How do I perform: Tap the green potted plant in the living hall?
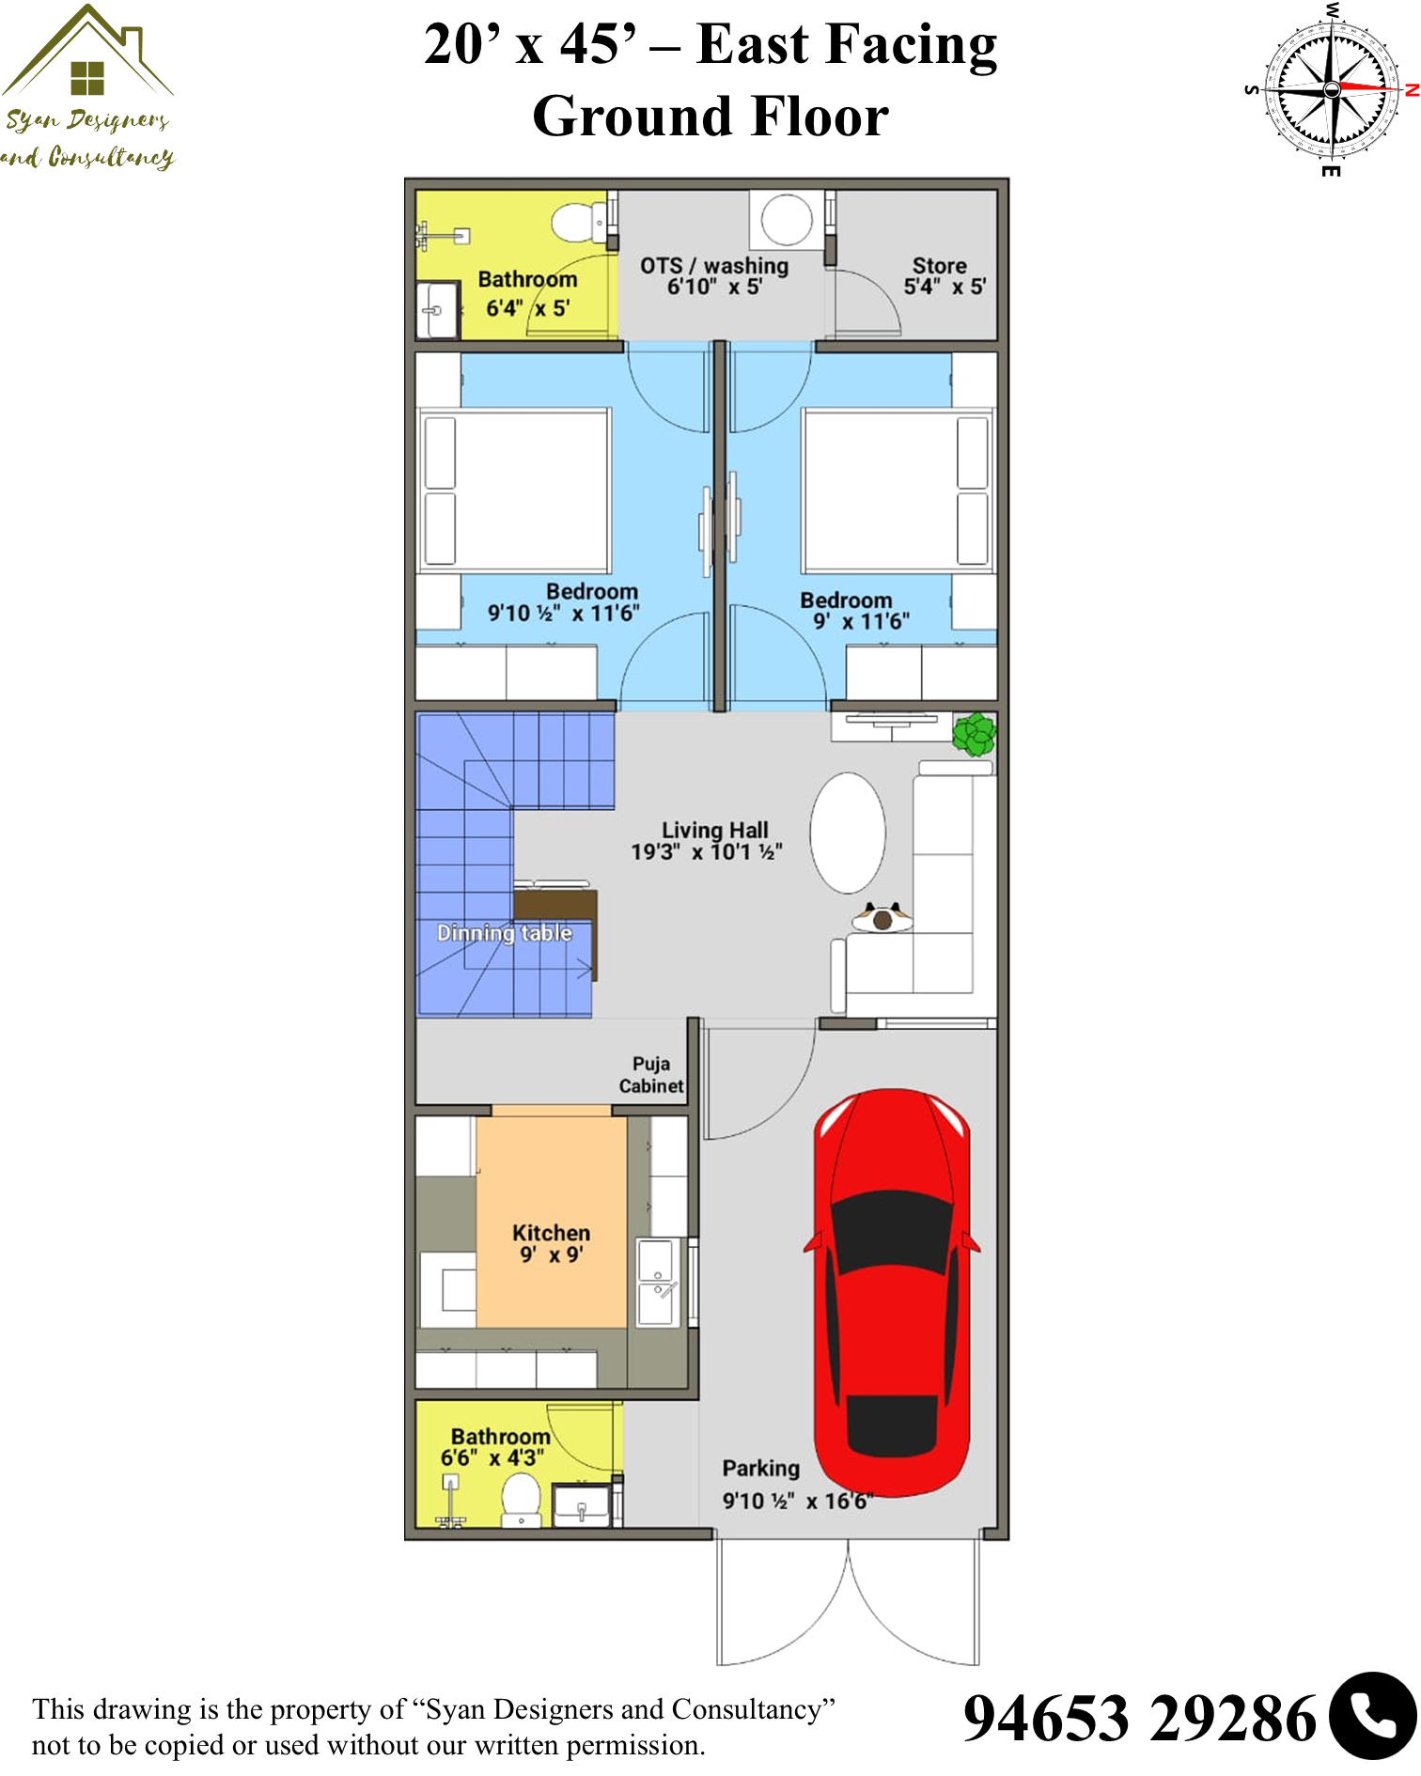pos(975,734)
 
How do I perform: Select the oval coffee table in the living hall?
pos(848,833)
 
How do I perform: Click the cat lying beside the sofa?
pos(882,917)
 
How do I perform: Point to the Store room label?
pos(940,266)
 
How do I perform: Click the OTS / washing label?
pos(714,267)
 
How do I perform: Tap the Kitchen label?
pos(552,1233)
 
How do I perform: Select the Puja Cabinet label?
pos(651,1075)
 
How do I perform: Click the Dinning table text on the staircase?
pos(505,933)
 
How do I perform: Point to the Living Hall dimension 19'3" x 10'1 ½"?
pos(707,852)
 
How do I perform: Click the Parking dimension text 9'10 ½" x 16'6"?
pos(798,1501)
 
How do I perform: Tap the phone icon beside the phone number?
pos(1373,1716)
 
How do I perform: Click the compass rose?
pos(1332,89)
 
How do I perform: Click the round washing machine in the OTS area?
pos(787,219)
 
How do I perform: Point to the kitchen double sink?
pos(657,1282)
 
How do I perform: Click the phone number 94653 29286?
pos(1140,1719)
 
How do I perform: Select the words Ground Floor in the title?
pos(710,117)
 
